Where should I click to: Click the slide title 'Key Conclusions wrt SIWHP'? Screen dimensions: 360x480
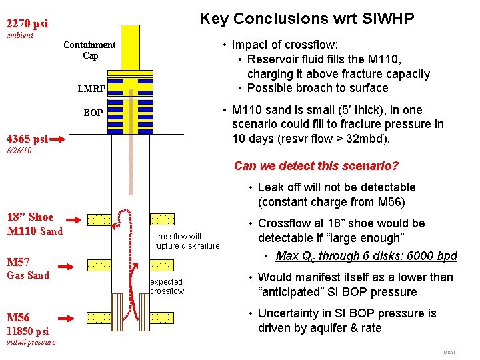pyautogui.click(x=307, y=19)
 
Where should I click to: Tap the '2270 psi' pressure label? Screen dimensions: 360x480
pyautogui.click(x=27, y=25)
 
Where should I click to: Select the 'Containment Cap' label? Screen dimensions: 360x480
pyautogui.click(x=89, y=50)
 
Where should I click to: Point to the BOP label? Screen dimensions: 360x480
pyautogui.click(x=93, y=113)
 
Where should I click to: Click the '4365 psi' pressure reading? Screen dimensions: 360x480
pyautogui.click(x=27, y=139)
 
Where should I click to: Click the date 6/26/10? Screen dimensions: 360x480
pyautogui.click(x=19, y=151)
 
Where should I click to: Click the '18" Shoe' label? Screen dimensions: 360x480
pyautogui.click(x=30, y=217)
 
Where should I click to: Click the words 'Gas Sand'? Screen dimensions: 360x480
pyautogui.click(x=28, y=275)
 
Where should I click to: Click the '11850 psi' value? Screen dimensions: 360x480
pyautogui.click(x=27, y=331)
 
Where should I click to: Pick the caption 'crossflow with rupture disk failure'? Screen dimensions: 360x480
pyautogui.click(x=187, y=241)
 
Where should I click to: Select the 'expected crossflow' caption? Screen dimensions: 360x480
pyautogui.click(x=167, y=286)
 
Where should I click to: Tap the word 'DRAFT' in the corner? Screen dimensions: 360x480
pyautogui.click(x=451, y=352)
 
